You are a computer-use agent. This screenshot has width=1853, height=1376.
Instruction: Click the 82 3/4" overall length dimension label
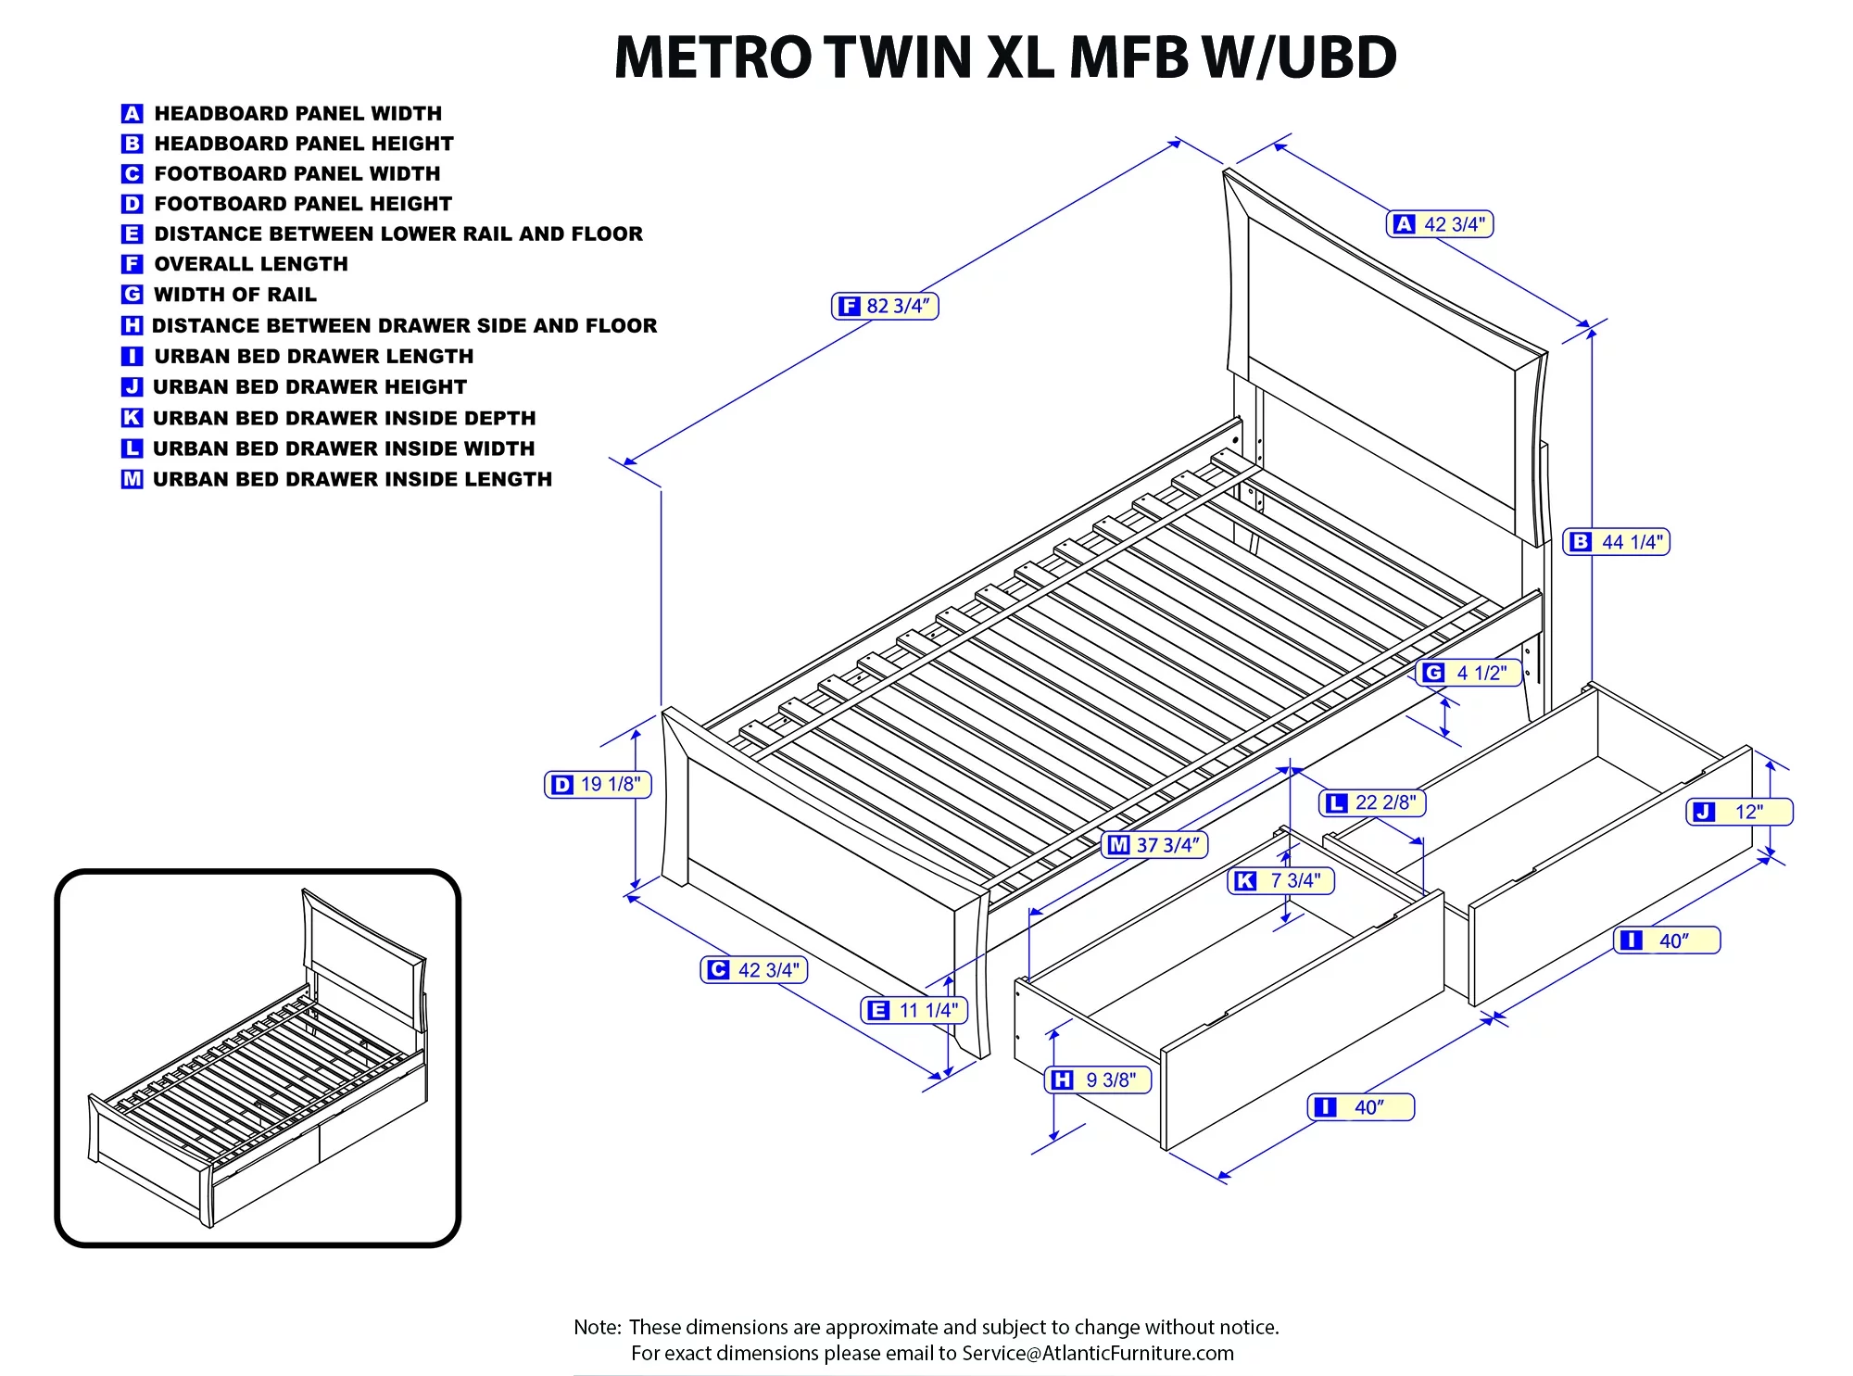(x=885, y=306)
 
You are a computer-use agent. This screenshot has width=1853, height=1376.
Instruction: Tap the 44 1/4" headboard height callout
(x=1617, y=542)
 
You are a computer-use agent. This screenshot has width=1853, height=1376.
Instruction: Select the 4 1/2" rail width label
(x=1469, y=673)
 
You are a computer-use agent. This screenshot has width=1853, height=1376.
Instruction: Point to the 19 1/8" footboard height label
(x=599, y=785)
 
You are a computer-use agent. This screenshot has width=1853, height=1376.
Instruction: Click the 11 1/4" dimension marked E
(x=915, y=1010)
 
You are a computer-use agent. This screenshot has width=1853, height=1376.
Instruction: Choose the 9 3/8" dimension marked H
(x=1099, y=1079)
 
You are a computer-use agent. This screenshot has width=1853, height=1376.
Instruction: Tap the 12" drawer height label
(x=1739, y=813)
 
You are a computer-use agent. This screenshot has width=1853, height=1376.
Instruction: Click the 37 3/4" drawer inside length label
(x=1155, y=845)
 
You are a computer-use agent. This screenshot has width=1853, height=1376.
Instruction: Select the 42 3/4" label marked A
(x=1440, y=224)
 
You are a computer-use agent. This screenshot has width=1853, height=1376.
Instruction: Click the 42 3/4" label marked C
(x=754, y=970)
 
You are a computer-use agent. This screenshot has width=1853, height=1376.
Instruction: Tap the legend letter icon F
(x=132, y=264)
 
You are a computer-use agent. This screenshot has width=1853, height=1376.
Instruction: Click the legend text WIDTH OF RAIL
(x=235, y=295)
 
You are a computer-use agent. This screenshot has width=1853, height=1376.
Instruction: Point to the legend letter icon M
(x=132, y=479)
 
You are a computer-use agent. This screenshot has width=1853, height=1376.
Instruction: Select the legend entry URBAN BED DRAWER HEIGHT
(x=309, y=387)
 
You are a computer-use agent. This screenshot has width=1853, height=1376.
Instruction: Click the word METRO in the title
(x=712, y=57)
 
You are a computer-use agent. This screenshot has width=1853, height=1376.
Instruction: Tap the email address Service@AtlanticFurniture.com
(x=1098, y=1353)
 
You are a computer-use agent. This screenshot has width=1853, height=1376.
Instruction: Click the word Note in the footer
(x=596, y=1327)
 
